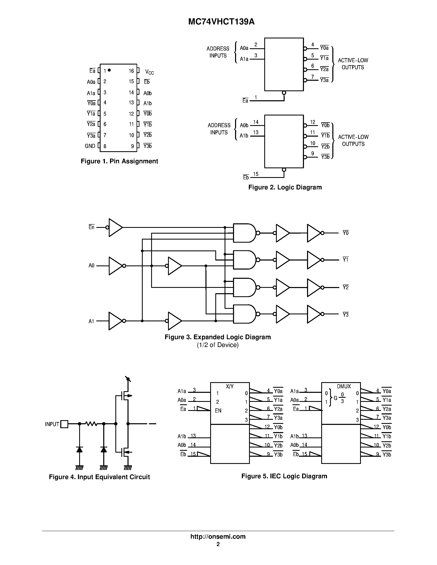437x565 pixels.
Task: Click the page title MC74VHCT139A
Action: tap(221, 22)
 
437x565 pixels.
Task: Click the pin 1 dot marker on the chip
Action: tap(109, 70)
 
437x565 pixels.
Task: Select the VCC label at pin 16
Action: tap(149, 72)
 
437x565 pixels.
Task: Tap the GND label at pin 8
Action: tap(90, 146)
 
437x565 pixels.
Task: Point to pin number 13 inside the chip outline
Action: tap(131, 103)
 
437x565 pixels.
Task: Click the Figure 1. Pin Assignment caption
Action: tap(119, 161)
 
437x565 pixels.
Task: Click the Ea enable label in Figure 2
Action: tap(245, 101)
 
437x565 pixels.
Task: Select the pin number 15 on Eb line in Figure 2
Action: tap(256, 174)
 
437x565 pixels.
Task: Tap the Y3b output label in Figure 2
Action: tap(325, 157)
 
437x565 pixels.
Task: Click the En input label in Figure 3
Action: tap(91, 227)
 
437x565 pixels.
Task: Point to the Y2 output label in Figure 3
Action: tap(346, 287)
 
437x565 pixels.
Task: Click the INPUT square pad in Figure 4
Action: tap(64, 424)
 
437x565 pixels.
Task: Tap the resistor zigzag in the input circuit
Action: tap(91, 424)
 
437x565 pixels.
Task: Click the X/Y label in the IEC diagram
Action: tap(230, 386)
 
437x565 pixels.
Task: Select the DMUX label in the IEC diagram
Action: tap(344, 386)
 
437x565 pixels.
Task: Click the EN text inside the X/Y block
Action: tap(218, 410)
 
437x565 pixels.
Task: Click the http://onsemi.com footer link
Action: tap(218, 536)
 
